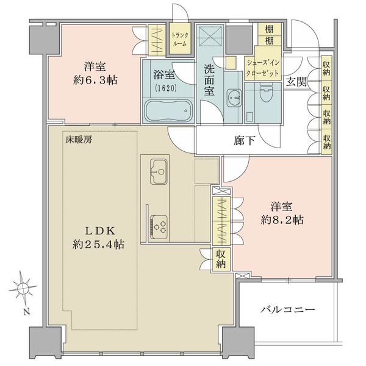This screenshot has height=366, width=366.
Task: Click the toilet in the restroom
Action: pyautogui.click(x=266, y=93)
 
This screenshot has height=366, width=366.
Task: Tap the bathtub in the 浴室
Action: pyautogui.click(x=168, y=110)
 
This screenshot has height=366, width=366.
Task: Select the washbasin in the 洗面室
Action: pyautogui.click(x=234, y=98)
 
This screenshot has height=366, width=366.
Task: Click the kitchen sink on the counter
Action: pyautogui.click(x=159, y=171)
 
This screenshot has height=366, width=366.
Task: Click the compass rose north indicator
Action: pyautogui.click(x=23, y=288)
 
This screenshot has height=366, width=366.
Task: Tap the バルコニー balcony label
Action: pyautogui.click(x=287, y=310)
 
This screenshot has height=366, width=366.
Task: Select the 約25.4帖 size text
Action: pyautogui.click(x=98, y=245)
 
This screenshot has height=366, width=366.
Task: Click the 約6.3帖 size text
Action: pyautogui.click(x=95, y=81)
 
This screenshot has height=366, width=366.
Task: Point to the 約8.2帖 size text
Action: pyautogui.click(x=282, y=220)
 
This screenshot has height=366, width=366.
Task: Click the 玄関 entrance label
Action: pyautogui.click(x=296, y=82)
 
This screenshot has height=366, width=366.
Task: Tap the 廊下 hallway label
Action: pyautogui.click(x=244, y=141)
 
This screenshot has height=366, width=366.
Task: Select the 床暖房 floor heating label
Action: pyautogui.click(x=79, y=140)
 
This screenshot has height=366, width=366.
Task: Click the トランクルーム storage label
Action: pyautogui.click(x=179, y=40)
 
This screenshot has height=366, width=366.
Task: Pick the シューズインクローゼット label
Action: pyautogui.click(x=262, y=68)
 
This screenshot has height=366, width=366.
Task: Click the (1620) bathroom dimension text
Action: pyautogui.click(x=165, y=88)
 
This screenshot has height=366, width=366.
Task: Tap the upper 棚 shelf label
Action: pyautogui.click(x=269, y=29)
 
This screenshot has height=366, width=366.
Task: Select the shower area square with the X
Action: pyautogui.click(x=210, y=35)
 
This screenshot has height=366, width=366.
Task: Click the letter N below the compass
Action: pyautogui.click(x=27, y=312)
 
